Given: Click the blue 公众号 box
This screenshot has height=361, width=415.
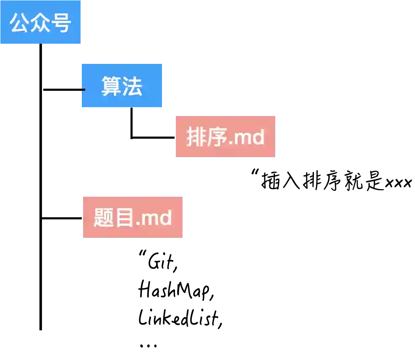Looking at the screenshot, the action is (x=40, y=22).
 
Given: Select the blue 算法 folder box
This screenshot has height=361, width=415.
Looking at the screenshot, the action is (x=122, y=86).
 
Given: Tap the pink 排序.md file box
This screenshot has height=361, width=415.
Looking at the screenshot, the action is (x=225, y=136).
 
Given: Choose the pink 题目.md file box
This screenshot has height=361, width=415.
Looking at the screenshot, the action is (x=133, y=217).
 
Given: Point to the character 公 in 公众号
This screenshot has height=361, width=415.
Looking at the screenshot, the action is (x=19, y=23).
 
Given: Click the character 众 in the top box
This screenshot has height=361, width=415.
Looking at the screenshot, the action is (x=40, y=23).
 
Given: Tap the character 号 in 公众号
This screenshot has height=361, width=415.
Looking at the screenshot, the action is (x=61, y=23).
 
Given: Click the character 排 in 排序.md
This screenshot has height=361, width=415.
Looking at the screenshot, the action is (x=196, y=137).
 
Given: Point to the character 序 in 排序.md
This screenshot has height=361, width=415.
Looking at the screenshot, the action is (x=217, y=137).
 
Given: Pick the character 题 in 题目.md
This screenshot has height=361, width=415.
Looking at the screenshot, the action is (x=104, y=218).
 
